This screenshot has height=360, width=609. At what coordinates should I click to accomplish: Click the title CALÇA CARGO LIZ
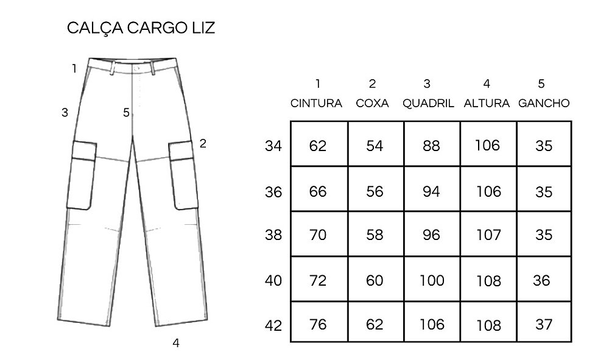pyautogui.click(x=141, y=29)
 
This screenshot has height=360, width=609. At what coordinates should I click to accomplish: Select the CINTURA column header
pyautogui.click(x=316, y=103)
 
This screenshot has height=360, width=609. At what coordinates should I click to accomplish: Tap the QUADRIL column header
pyautogui.click(x=428, y=103)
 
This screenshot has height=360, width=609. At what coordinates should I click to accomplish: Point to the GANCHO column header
pyautogui.click(x=544, y=103)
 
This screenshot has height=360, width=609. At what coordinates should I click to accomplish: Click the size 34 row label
pyautogui.click(x=273, y=146)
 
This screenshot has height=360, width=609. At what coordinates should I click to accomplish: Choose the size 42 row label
pyautogui.click(x=273, y=325)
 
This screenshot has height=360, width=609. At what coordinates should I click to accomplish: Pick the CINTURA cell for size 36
pyautogui.click(x=318, y=191)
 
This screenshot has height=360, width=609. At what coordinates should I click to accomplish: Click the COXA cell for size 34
pyautogui.click(x=375, y=146)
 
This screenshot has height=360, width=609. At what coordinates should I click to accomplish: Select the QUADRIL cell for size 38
pyautogui.click(x=431, y=235)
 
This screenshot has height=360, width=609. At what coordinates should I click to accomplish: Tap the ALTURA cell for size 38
pyautogui.click(x=488, y=235)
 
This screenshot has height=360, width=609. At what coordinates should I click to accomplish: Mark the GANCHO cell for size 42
pyautogui.click(x=543, y=325)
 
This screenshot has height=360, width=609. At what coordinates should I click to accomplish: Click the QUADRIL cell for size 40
pyautogui.click(x=431, y=280)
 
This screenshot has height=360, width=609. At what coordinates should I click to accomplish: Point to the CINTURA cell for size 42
pyautogui.click(x=318, y=324)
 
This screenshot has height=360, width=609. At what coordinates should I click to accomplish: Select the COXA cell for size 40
pyautogui.click(x=375, y=280)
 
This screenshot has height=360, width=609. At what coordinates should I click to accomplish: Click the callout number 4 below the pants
pyautogui.click(x=176, y=343)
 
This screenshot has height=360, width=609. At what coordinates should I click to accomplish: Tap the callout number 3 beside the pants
pyautogui.click(x=65, y=113)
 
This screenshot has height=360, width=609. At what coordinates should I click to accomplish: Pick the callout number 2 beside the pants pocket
pyautogui.click(x=203, y=144)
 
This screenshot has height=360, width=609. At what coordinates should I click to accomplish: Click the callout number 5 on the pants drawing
pyautogui.click(x=126, y=113)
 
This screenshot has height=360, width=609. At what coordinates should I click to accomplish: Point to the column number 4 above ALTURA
pyautogui.click(x=485, y=83)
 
